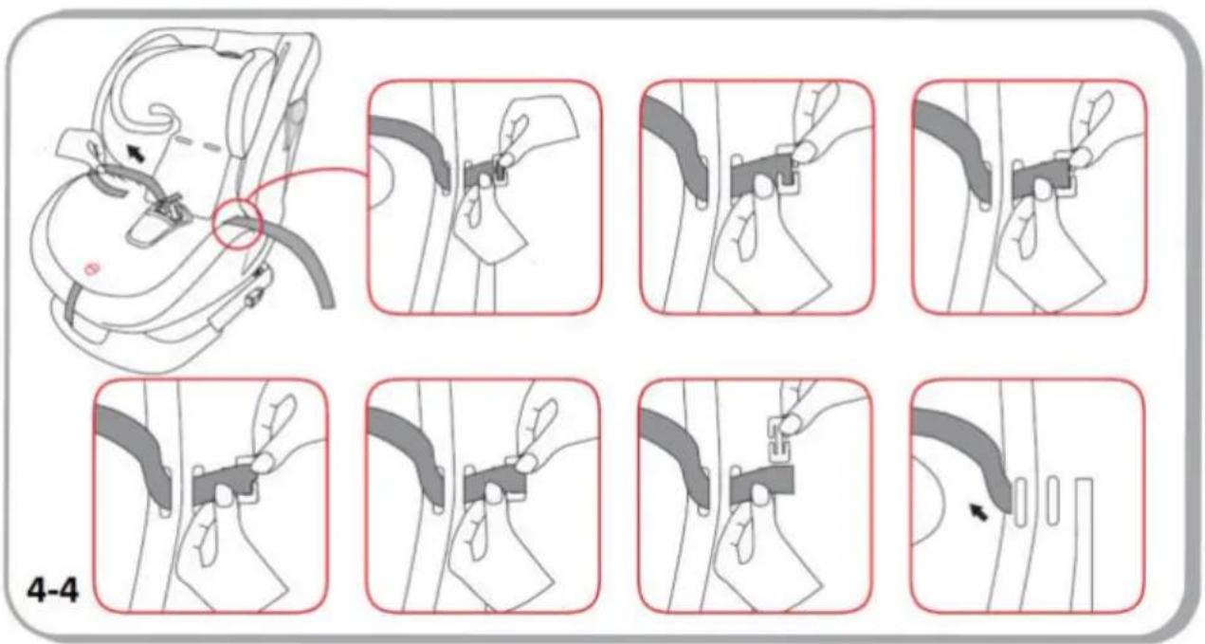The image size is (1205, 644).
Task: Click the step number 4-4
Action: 53,591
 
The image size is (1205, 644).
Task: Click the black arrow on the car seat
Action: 137,154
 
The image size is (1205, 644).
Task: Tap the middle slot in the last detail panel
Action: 1052,501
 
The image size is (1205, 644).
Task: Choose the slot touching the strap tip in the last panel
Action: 1020,502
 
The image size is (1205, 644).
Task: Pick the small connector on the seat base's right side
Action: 253,297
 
